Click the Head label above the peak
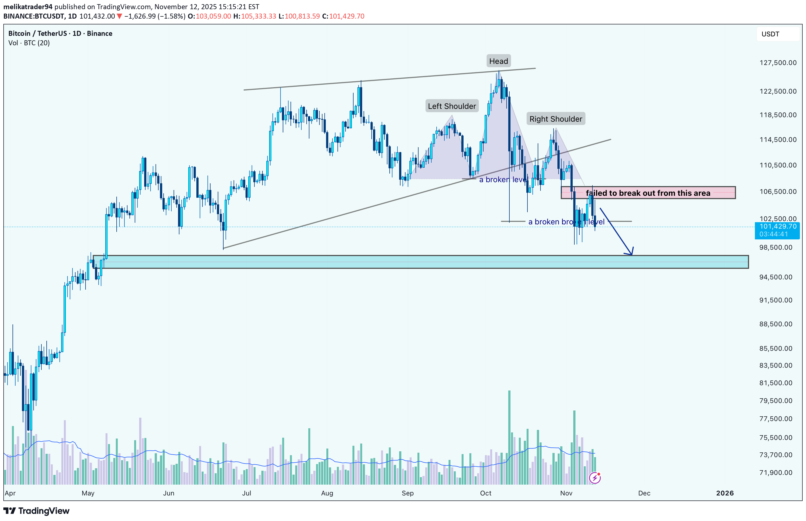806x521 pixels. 498,61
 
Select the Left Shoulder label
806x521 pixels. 452,106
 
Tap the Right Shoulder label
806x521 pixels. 555,119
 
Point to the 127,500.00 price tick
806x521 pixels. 778,62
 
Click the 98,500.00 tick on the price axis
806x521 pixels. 775,247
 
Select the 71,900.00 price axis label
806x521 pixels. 775,473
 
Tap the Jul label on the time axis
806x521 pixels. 247,493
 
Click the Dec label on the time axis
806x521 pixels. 644,493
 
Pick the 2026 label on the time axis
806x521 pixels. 725,493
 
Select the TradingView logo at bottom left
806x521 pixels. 37,511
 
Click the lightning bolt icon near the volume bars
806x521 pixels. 595,478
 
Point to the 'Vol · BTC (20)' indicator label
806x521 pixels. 29,43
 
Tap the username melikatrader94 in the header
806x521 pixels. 28,7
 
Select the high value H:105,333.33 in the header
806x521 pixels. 255,16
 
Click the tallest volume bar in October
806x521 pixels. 509,436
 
